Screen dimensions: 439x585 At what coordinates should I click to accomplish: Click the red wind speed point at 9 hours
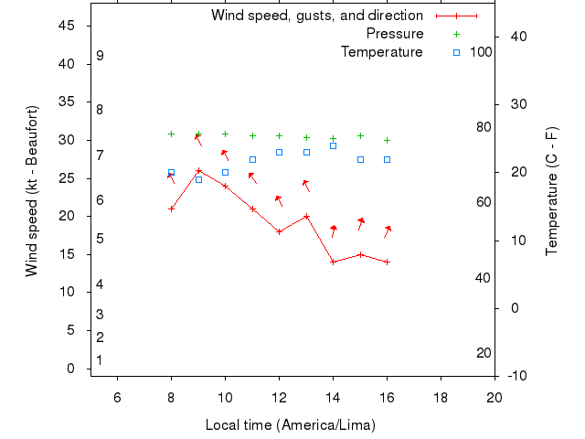pyautogui.click(x=198, y=170)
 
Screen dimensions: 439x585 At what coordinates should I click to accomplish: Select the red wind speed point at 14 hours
pyautogui.click(x=333, y=262)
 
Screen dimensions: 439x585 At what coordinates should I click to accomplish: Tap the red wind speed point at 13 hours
pyautogui.click(x=306, y=216)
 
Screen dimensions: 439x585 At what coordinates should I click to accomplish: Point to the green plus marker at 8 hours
pyautogui.click(x=171, y=134)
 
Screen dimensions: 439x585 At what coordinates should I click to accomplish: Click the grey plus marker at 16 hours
pyautogui.click(x=387, y=140)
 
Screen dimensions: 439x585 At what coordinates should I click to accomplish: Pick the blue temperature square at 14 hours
pyautogui.click(x=333, y=145)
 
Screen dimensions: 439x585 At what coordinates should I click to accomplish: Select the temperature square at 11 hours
pyautogui.click(x=252, y=159)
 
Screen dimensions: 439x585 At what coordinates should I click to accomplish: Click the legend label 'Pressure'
pyautogui.click(x=395, y=34)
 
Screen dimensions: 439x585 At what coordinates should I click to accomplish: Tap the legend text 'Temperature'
pyautogui.click(x=382, y=52)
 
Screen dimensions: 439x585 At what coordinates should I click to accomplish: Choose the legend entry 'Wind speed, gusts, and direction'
pyautogui.click(x=317, y=16)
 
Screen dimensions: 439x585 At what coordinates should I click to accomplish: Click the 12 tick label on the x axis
pyautogui.click(x=279, y=396)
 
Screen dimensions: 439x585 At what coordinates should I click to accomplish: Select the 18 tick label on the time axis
pyautogui.click(x=441, y=396)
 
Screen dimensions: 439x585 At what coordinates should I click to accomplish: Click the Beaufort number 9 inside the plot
pyautogui.click(x=100, y=56)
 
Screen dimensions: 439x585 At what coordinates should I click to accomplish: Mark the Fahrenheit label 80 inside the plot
pyautogui.click(x=484, y=127)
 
